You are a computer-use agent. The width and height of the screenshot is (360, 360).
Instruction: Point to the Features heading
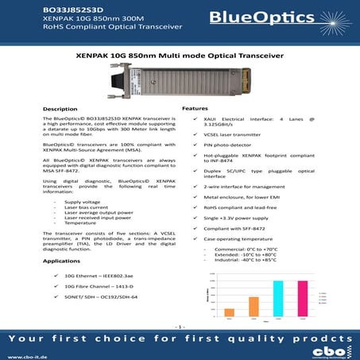[195, 108]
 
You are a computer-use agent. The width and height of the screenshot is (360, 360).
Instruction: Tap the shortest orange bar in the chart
[230, 312]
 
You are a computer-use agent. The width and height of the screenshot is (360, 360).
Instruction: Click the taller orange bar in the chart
[254, 306]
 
